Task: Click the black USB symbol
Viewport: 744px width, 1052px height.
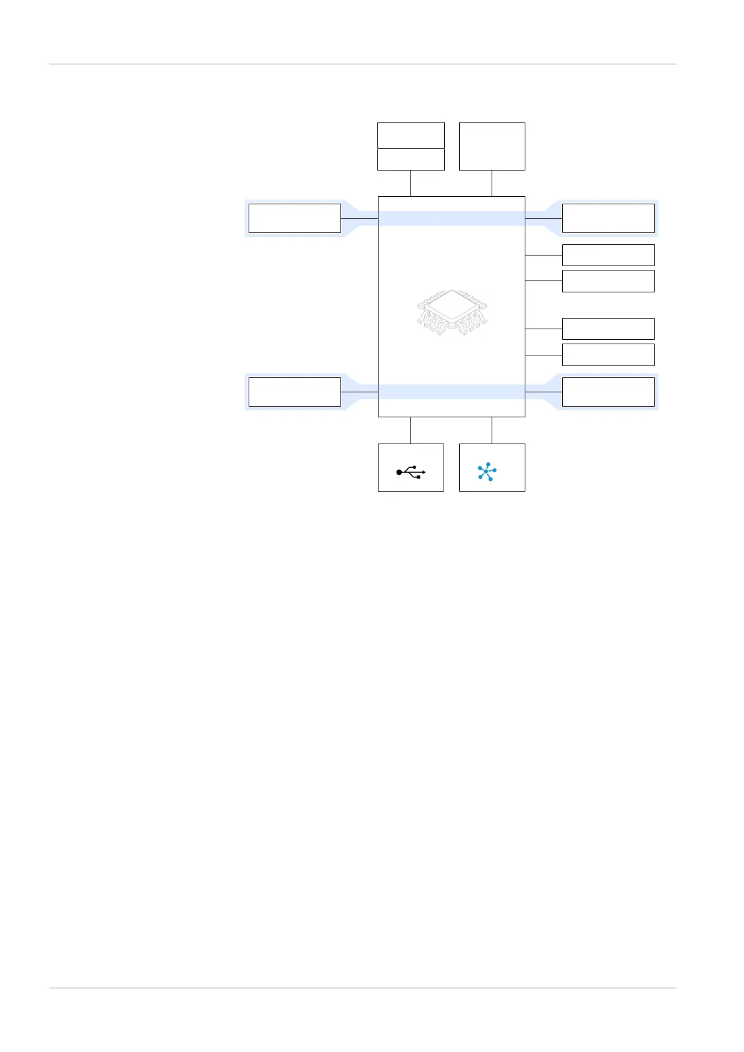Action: [411, 473]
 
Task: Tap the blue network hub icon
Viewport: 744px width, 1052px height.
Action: [487, 471]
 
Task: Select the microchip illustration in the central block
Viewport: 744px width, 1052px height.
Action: [451, 313]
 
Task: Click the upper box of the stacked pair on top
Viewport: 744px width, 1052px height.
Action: [410, 136]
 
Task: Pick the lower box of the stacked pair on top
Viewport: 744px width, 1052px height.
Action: [410, 159]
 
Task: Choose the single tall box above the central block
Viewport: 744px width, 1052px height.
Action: [492, 146]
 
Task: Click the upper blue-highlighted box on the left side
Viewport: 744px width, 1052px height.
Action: [294, 218]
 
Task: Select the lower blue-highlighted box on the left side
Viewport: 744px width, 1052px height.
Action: [294, 392]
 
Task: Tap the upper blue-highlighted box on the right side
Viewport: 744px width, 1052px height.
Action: [608, 218]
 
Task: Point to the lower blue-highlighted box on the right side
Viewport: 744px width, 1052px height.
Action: [608, 392]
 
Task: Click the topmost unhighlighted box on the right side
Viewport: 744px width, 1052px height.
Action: [608, 255]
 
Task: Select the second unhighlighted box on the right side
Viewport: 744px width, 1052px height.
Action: [608, 281]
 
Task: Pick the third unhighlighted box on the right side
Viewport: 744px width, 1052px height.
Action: [608, 329]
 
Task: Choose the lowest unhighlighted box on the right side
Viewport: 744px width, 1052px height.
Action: [608, 355]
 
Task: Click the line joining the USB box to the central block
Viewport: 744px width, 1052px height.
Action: [410, 430]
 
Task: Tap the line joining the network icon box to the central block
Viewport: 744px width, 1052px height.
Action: [492, 430]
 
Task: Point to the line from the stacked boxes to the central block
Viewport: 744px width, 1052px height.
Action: [410, 183]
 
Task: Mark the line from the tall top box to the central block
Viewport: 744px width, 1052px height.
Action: [492, 183]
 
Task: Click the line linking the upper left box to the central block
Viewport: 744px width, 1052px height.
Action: [359, 218]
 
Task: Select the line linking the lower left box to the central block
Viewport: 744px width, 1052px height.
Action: [359, 392]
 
